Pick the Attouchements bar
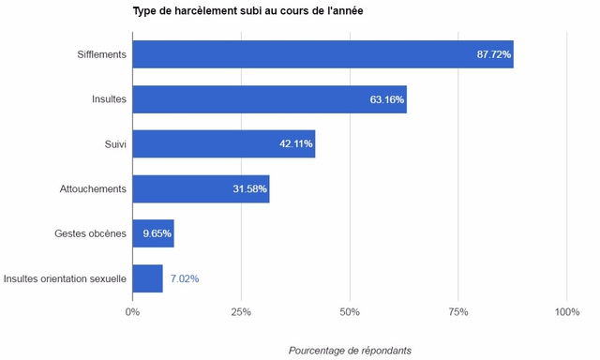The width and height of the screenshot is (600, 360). click(201, 188)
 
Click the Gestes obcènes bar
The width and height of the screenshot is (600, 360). click(153, 233)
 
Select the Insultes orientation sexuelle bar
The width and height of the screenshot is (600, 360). click(147, 278)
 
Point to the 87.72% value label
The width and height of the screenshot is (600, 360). click(493, 54)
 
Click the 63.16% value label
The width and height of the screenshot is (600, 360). click(386, 99)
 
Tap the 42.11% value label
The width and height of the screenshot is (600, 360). click(295, 144)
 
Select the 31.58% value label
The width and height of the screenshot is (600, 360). click(249, 189)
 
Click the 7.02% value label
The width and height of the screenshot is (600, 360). click(184, 278)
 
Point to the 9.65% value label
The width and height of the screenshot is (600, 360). click(157, 233)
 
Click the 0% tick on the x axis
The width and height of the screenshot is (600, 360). click(132, 311)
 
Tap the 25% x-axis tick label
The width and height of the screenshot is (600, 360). click(241, 311)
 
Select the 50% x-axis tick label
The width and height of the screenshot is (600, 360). click(350, 311)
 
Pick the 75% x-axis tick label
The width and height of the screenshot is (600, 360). click(457, 311)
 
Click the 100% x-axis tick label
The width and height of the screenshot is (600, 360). click(566, 311)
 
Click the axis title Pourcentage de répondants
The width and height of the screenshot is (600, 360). click(349, 350)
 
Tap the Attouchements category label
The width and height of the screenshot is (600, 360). click(92, 189)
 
